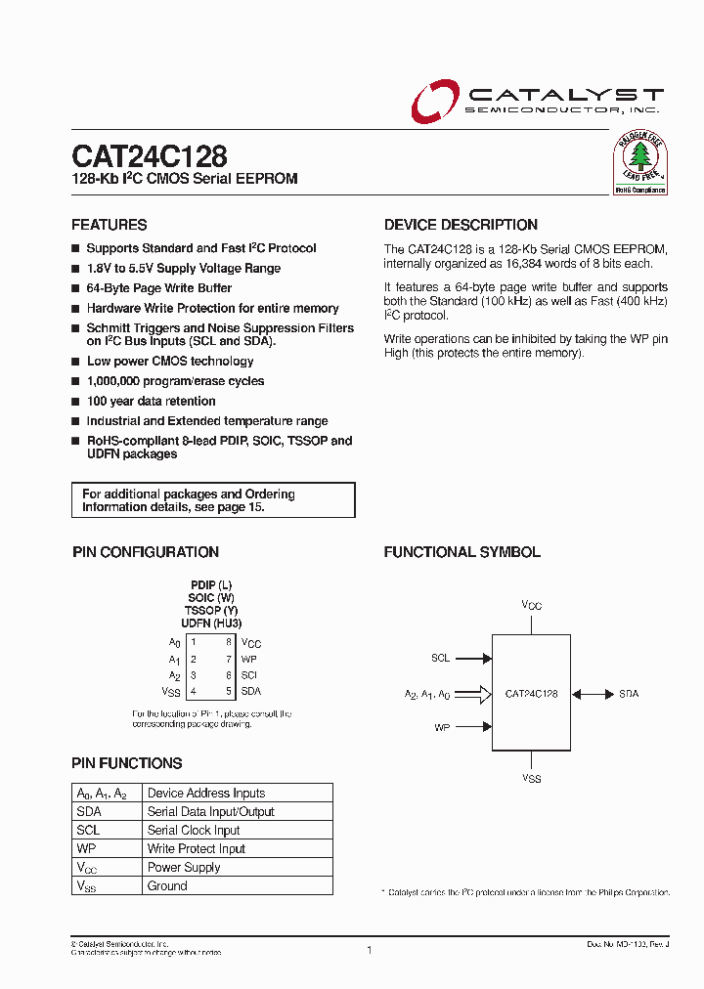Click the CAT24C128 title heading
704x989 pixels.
click(x=150, y=156)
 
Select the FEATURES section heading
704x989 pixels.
click(x=110, y=225)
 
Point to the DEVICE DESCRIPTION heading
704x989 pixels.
click(x=461, y=225)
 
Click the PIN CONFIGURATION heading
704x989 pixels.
click(x=146, y=552)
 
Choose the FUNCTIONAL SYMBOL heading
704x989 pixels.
click(x=462, y=552)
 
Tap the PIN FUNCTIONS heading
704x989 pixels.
click(x=127, y=763)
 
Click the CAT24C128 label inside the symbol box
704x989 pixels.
click(x=532, y=694)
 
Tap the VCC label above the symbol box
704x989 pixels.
click(x=531, y=606)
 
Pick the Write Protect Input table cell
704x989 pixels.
click(x=197, y=849)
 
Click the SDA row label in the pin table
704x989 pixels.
click(x=88, y=812)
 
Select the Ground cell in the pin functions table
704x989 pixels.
click(x=167, y=886)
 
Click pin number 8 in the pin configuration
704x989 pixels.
click(x=229, y=642)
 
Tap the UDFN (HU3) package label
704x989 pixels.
click(x=211, y=623)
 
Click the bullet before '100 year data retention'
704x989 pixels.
click(x=76, y=402)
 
